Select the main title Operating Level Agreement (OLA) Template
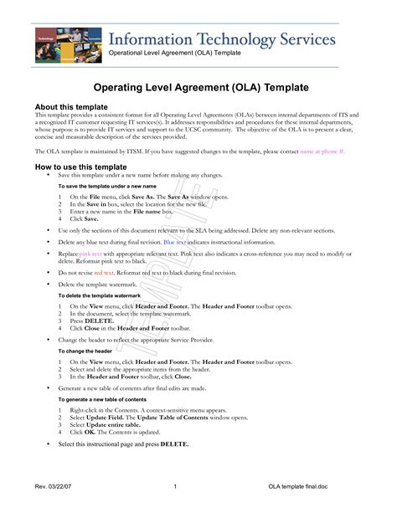198,88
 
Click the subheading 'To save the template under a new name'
106,186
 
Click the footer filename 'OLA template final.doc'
299,486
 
